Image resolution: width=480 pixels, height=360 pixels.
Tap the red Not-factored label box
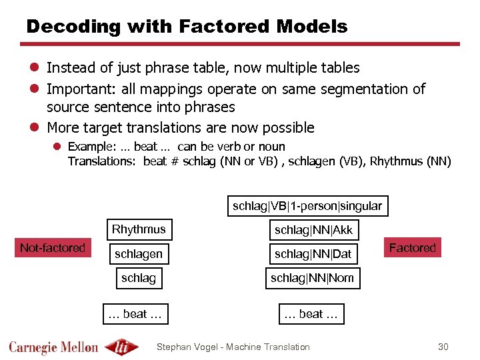[53, 248]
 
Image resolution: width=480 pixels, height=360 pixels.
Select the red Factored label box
[412, 248]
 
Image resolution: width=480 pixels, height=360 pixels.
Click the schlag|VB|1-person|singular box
[307, 206]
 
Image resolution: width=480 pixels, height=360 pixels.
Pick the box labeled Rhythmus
[139, 230]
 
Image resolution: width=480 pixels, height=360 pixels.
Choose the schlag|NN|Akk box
[313, 231]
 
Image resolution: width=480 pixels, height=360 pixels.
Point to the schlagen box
[139, 254]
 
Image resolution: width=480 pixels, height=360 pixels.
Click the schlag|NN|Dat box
[313, 254]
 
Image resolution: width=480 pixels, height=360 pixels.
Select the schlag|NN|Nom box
[312, 278]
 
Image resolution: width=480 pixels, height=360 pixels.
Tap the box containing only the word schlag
[139, 278]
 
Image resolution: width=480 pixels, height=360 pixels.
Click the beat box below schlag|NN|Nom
[311, 314]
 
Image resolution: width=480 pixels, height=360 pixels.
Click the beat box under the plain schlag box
[135, 314]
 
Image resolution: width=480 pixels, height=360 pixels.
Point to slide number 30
[443, 347]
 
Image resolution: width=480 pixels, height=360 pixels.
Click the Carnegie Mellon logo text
[53, 347]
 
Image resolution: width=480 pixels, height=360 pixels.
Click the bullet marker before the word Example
[58, 147]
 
